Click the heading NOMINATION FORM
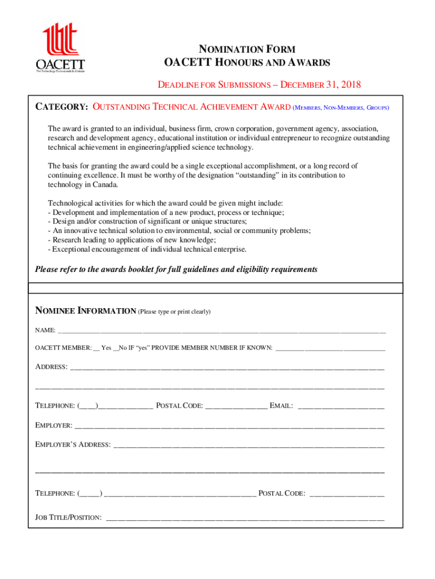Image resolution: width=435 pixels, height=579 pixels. [246, 49]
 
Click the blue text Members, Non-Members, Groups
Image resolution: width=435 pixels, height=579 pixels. [341, 107]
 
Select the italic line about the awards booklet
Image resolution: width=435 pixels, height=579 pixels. [176, 269]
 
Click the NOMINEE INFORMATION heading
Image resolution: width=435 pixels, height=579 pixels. [85, 311]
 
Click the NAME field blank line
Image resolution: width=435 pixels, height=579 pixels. [221, 330]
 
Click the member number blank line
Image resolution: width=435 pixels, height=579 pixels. [330, 348]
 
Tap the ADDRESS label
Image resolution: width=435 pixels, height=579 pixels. [51, 367]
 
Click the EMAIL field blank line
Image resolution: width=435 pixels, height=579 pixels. [341, 406]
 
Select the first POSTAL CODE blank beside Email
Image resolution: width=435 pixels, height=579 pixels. [236, 406]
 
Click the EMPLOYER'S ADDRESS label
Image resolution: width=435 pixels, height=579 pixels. [73, 444]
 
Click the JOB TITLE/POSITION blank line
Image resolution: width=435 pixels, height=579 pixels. [245, 517]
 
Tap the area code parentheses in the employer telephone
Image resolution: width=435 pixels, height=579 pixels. [90, 494]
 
